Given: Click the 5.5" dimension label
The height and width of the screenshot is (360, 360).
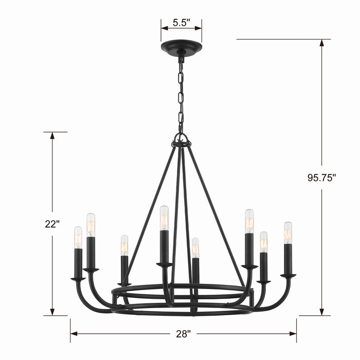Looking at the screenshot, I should click(x=181, y=22).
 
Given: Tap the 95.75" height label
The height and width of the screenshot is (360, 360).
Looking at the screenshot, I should click(x=322, y=178).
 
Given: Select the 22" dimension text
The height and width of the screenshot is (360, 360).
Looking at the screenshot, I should click(x=52, y=224).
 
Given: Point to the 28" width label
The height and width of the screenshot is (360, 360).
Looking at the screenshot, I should click(x=183, y=333).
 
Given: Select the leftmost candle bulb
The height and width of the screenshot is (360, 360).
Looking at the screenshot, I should click(x=78, y=238).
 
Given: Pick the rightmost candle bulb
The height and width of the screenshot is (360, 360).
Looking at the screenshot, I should click(x=288, y=232).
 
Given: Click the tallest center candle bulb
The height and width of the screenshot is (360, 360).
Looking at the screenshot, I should click(x=164, y=218).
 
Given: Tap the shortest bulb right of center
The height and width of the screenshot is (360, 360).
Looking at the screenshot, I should click(x=195, y=248).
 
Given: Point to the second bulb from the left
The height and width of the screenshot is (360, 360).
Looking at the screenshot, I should click(x=91, y=225).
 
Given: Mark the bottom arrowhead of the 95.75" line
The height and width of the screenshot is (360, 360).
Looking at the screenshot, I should click(x=322, y=312).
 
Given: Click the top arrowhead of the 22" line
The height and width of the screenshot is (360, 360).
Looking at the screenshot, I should click(x=52, y=136).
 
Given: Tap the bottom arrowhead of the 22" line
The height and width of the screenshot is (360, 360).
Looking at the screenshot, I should click(x=52, y=312).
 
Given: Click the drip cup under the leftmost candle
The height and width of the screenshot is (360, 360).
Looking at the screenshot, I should click(x=78, y=279).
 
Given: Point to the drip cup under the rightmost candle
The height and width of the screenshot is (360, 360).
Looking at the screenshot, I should click(x=288, y=276).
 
